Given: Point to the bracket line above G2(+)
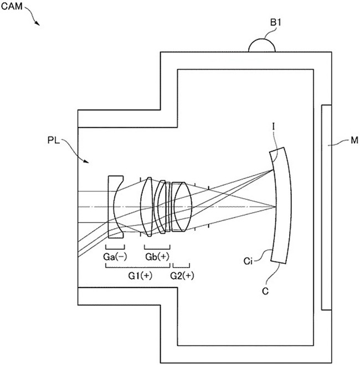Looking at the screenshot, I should [x=181, y=266].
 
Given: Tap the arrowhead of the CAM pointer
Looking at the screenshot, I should [x=38, y=24].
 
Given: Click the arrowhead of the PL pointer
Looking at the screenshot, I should [x=85, y=162].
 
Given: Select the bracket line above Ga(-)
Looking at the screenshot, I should [x=115, y=247].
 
